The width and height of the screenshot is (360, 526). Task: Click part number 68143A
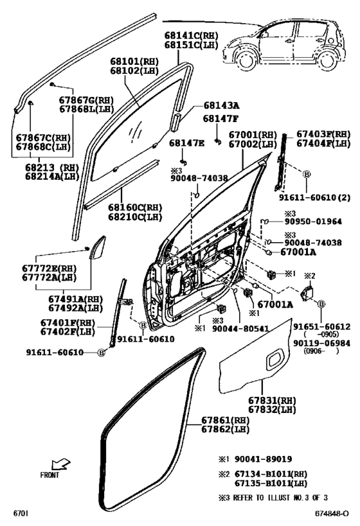click(221, 105)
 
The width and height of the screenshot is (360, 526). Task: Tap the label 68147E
click(186, 143)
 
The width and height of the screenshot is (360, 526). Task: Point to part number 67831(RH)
click(272, 401)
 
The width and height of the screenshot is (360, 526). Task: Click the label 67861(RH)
click(226, 420)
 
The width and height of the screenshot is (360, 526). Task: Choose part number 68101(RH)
click(134, 62)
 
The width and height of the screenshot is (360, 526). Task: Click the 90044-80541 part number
click(240, 328)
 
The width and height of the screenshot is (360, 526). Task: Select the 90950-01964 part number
click(313, 222)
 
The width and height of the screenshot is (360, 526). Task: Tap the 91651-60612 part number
click(321, 326)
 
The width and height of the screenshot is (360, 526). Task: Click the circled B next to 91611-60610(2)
click(307, 174)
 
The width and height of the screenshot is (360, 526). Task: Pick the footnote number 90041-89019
click(263, 459)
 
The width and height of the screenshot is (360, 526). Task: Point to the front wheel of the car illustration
click(246, 60)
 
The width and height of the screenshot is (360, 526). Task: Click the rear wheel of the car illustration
click(327, 60)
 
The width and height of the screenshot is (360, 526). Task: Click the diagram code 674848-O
click(332, 514)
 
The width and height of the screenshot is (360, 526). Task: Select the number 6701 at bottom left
click(21, 514)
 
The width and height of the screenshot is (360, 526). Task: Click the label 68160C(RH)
click(135, 207)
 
